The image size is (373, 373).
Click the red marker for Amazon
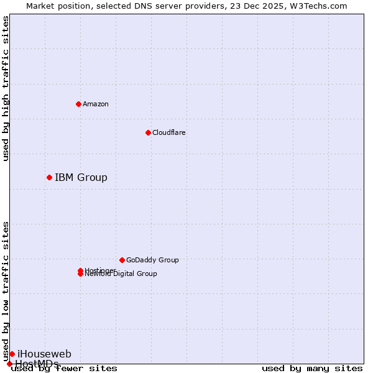79,104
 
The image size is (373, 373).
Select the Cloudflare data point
148,132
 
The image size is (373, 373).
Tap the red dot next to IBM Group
49,178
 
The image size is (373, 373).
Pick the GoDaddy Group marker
122,260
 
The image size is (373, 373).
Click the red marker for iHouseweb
12,354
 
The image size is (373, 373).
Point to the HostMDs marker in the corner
9,364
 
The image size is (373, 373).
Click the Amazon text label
95,104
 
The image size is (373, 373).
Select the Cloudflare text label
168,132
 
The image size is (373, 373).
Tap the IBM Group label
81,178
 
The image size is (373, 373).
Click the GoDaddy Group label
152,260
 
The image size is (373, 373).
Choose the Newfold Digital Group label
121,274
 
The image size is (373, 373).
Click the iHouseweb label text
44,354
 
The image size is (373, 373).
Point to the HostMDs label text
37,364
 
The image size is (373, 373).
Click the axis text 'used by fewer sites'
64,369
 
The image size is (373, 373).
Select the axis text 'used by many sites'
312,369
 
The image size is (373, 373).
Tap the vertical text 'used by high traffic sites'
6,88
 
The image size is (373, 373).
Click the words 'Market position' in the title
53,6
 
